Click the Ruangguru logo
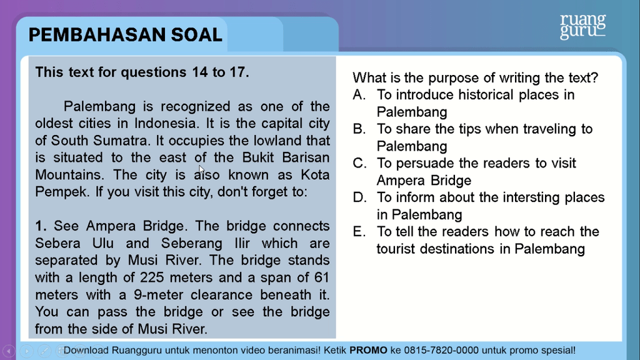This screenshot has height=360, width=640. tap(582, 26)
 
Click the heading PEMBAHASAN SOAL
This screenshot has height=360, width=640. tap(125, 35)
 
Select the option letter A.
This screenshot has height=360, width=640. tap(359, 95)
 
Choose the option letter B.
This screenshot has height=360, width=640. tap(359, 129)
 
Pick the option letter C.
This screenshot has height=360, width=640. tap(359, 164)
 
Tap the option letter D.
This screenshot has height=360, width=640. tap(359, 198)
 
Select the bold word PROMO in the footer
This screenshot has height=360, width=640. tap(368, 351)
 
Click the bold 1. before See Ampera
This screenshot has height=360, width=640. tap(41, 226)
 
